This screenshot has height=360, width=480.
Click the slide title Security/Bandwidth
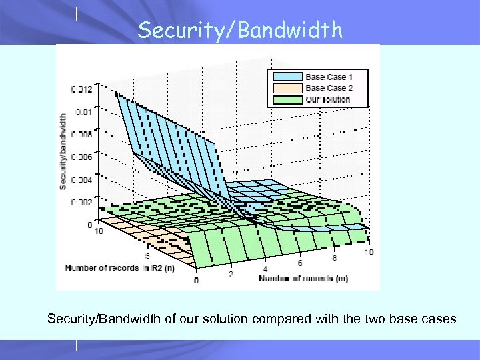pyautogui.click(x=239, y=29)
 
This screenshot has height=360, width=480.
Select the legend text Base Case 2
pyautogui.click(x=329, y=88)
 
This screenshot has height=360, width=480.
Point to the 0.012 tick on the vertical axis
pyautogui.click(x=83, y=89)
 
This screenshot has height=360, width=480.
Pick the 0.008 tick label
pyautogui.click(x=83, y=134)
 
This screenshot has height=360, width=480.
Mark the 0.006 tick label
pyautogui.click(x=83, y=157)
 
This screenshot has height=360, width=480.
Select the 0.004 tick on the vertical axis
pyautogui.click(x=83, y=179)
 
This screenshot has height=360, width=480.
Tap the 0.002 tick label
pyautogui.click(x=83, y=202)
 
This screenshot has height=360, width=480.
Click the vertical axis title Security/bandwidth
pyautogui.click(x=63, y=151)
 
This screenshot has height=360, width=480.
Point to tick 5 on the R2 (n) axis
pyautogui.click(x=148, y=255)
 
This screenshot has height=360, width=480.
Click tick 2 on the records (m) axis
pyautogui.click(x=231, y=274)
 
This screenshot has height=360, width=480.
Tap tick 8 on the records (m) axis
pyautogui.click(x=334, y=258)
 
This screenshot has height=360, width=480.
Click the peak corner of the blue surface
pyautogui.click(x=117, y=94)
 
